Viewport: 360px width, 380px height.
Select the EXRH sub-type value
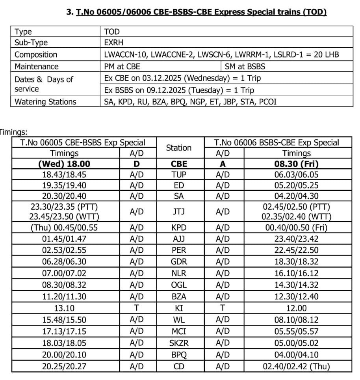point(114,43)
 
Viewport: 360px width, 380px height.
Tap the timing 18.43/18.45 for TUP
point(65,174)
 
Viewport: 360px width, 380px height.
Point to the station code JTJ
point(179,212)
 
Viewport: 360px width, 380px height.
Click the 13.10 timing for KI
point(65,308)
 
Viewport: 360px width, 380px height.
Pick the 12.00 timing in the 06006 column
point(296,308)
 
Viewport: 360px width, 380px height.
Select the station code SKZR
point(179,343)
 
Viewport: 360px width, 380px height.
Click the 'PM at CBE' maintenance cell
point(122,66)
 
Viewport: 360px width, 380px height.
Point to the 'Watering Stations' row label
point(45,102)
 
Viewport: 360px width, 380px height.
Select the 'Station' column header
point(179,148)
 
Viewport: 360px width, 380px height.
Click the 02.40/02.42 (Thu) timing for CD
point(296,367)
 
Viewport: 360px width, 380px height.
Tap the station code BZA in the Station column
point(179,297)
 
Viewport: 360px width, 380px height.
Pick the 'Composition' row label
point(36,55)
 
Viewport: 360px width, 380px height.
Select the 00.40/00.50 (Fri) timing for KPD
point(296,227)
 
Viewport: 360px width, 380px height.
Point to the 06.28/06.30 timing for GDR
point(65,262)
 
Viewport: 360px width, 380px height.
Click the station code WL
point(179,320)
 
